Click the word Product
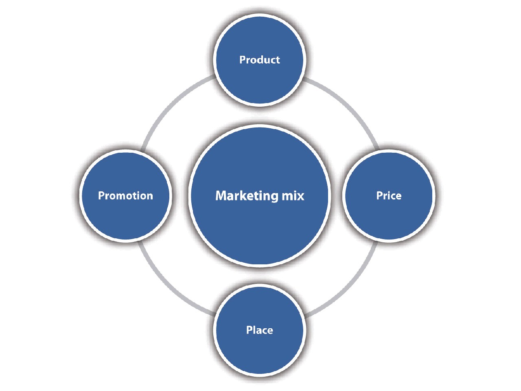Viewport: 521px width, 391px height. [259, 60]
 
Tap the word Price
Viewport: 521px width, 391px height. [389, 195]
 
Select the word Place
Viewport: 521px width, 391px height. [259, 330]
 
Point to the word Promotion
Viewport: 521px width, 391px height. [125, 195]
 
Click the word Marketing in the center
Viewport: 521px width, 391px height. [246, 195]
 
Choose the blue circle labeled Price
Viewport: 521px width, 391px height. [389, 216]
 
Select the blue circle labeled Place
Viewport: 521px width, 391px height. [259, 350]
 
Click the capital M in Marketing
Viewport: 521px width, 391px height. [220, 195]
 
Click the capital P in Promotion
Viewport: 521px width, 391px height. [101, 195]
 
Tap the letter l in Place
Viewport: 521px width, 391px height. [255, 329]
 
